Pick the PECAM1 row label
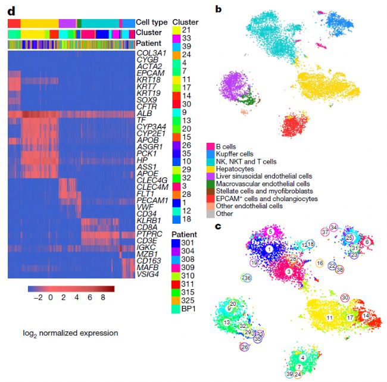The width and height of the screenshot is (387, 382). pyautogui.click(x=152, y=200)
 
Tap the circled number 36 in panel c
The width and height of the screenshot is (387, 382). pyautogui.click(x=247, y=278)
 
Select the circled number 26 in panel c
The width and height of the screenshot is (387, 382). pyautogui.click(x=244, y=346)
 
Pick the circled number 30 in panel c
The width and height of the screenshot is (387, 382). pyautogui.click(x=345, y=298)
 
